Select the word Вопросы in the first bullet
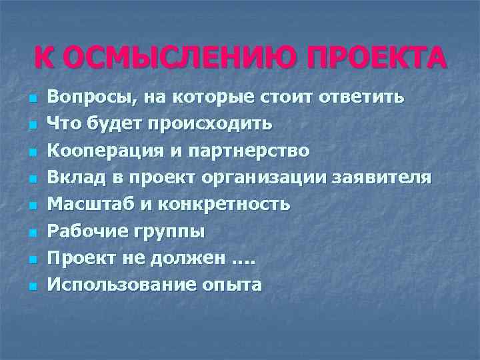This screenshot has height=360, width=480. tap(88, 97)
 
